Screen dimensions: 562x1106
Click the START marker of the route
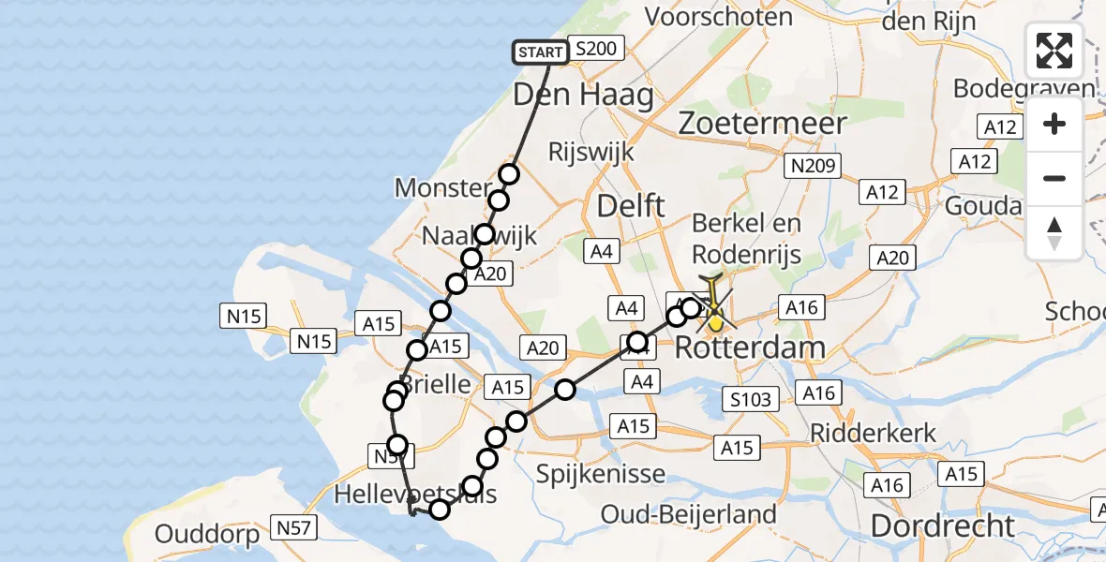541,52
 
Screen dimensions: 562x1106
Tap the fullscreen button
1054,51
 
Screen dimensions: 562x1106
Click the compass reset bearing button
1054,233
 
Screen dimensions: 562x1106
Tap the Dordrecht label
943,525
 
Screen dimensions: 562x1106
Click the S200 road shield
596,50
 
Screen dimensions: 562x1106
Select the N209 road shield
813,166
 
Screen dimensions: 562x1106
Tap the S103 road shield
752,400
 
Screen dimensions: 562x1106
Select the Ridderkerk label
874,434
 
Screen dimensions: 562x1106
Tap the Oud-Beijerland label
689,514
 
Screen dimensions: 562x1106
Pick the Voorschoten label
720,17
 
